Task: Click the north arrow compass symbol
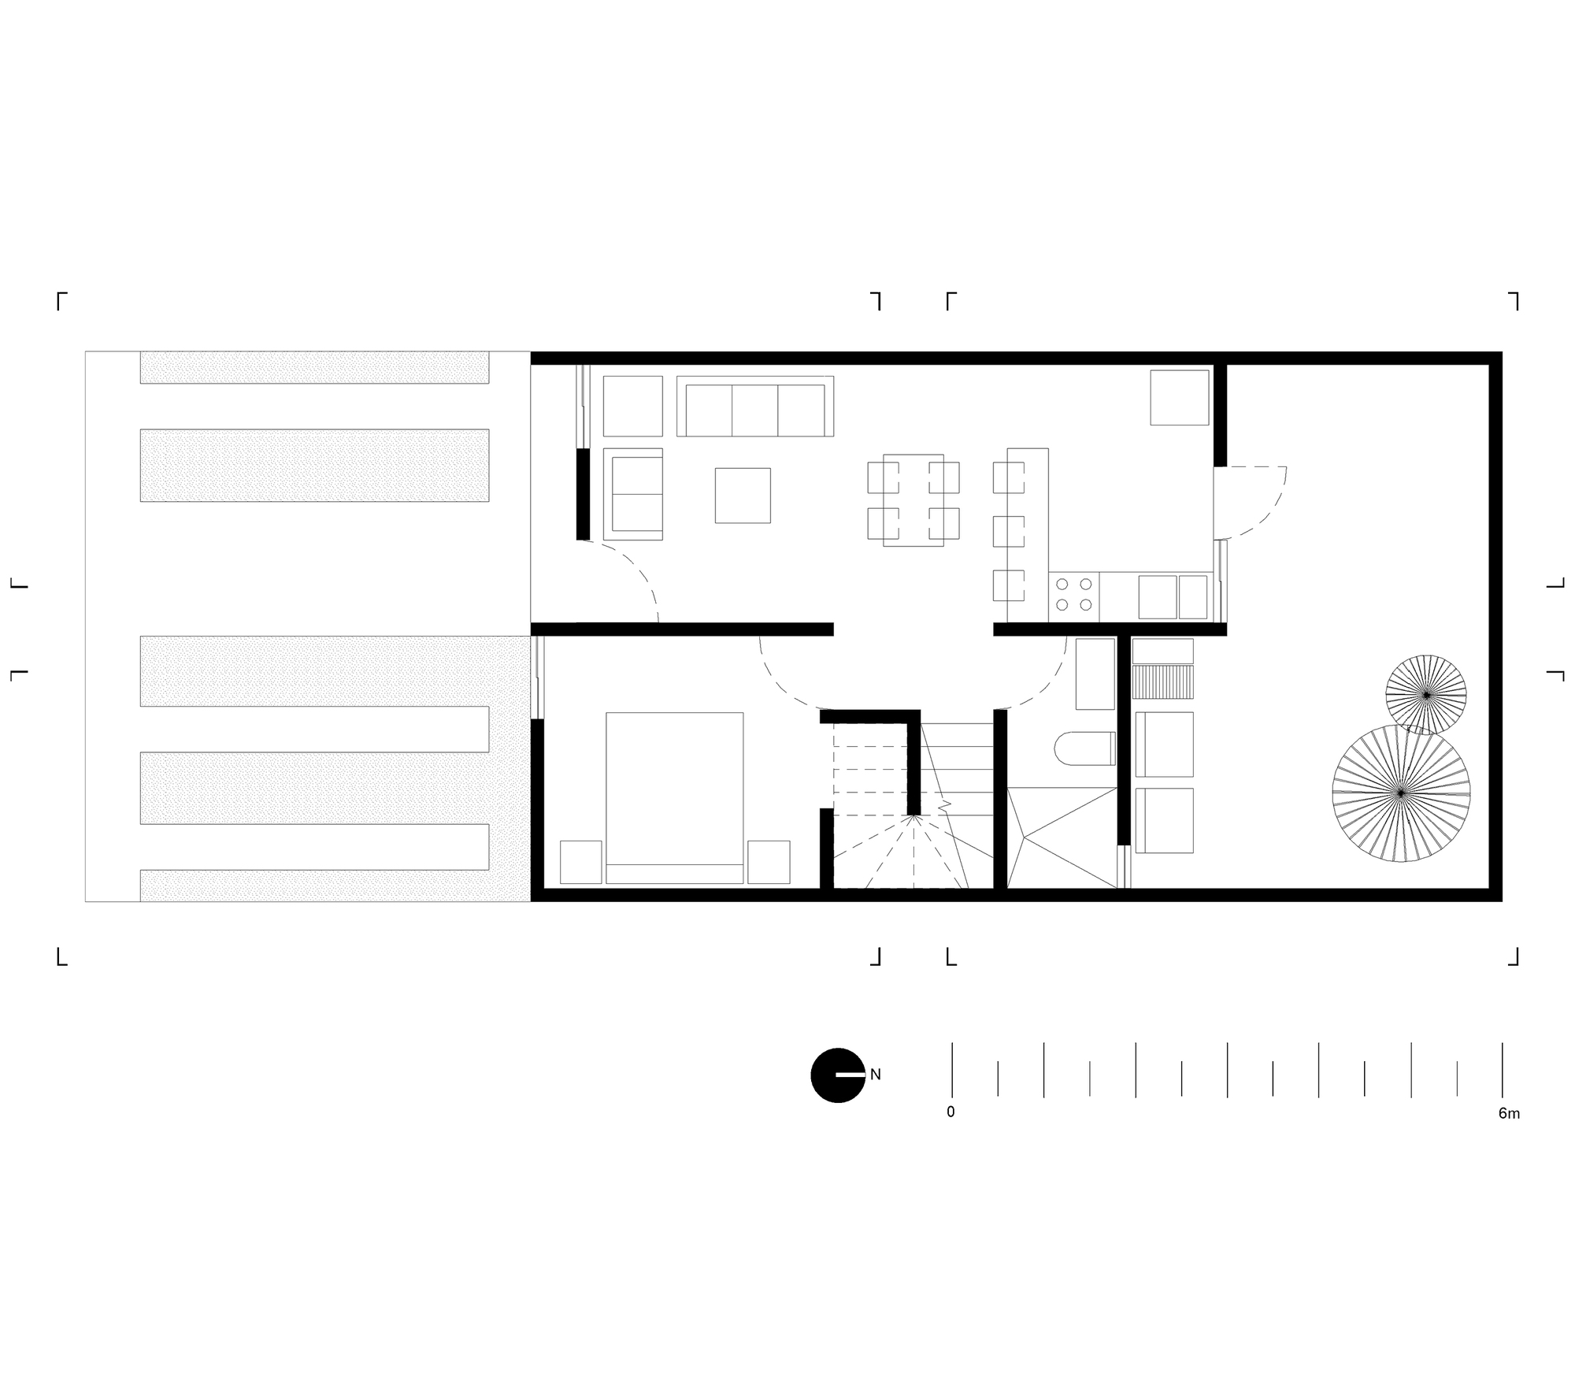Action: pos(838,1075)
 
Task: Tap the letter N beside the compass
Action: pos(875,1074)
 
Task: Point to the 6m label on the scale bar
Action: pos(1509,1113)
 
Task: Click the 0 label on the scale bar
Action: pos(951,1112)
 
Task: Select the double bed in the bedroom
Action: pos(675,797)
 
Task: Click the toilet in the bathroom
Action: pos(1084,748)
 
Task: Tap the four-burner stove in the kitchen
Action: pos(1074,595)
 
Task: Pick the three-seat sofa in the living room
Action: pos(755,406)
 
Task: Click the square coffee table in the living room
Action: pos(743,496)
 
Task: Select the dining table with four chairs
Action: pos(913,500)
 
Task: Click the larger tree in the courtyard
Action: pos(1401,792)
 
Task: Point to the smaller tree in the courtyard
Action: pos(1426,695)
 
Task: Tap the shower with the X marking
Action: pos(1062,837)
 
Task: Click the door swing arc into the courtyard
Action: pos(1252,503)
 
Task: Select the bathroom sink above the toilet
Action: pos(1095,674)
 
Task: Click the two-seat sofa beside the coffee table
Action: pos(633,494)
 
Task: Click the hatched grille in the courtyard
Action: pos(1163,681)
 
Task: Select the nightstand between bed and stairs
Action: pos(769,862)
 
